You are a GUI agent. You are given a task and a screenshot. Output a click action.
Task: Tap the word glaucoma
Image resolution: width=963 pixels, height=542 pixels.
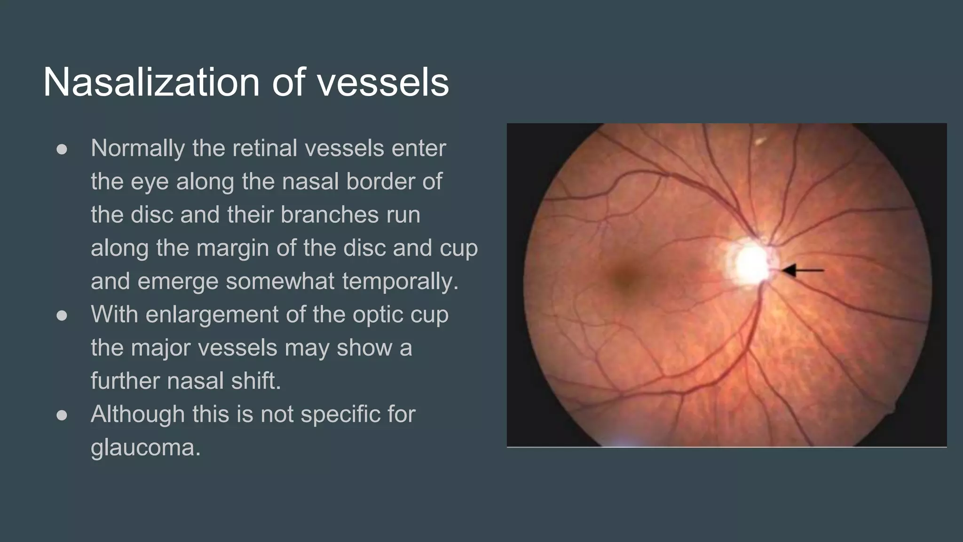coord(145,447)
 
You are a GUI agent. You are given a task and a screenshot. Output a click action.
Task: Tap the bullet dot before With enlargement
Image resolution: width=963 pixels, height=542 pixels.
coord(62,315)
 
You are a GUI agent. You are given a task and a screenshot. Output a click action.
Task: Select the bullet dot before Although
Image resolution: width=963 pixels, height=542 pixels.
coord(62,415)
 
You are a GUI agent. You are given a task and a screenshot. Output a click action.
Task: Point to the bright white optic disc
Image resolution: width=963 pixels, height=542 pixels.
coord(751,263)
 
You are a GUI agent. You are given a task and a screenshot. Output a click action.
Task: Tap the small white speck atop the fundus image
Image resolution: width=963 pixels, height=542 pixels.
coord(759,141)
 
